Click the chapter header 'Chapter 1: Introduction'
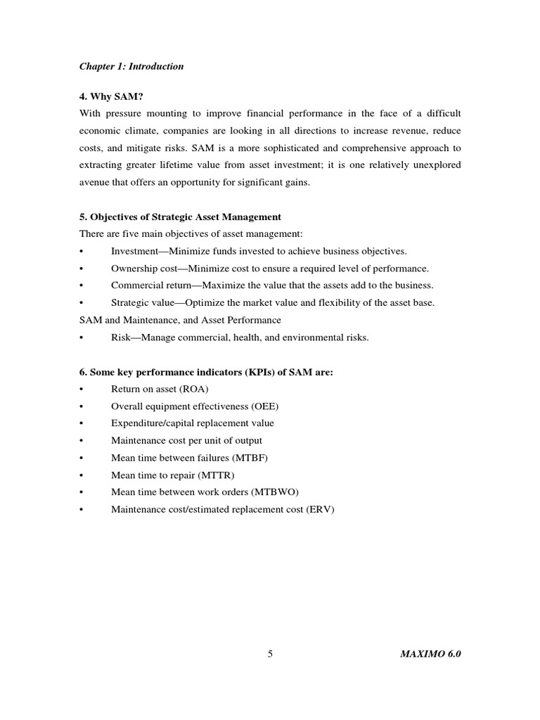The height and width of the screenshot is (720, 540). coord(131,67)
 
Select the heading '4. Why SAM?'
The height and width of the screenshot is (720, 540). coord(110,97)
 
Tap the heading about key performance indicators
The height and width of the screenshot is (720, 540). coord(206,372)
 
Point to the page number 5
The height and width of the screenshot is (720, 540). coord(270,654)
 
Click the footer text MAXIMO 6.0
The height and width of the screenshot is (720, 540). coord(430,654)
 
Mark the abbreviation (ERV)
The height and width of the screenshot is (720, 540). coord(320,509)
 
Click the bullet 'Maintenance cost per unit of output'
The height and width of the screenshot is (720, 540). coord(186,440)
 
